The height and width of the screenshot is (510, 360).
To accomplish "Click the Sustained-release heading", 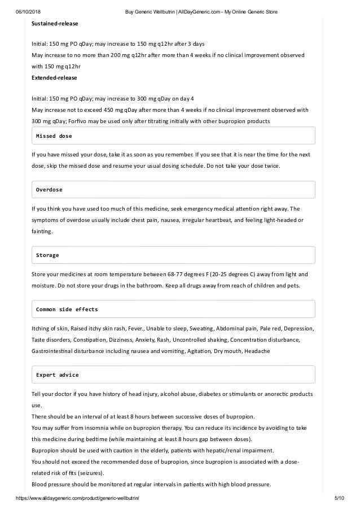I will point(55,24).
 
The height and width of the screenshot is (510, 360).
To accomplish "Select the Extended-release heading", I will point(54,77).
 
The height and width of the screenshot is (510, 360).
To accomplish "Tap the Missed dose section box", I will point(173,136).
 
